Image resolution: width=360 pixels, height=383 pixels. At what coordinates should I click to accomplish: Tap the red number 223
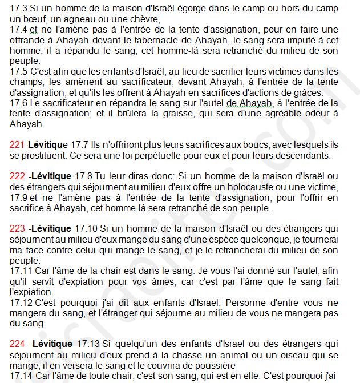pyautogui.click(x=18, y=228)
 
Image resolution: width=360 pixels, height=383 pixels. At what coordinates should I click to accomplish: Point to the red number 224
pyautogui.click(x=18, y=344)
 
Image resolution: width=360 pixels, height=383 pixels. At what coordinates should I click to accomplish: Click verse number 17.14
pyautogui.click(x=21, y=376)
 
